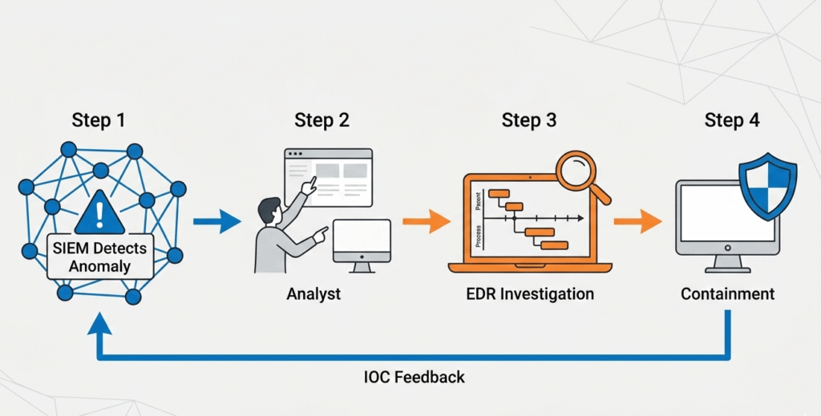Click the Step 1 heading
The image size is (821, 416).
point(99,121)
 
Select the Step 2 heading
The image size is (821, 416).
point(322,121)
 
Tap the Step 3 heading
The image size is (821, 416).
point(529,121)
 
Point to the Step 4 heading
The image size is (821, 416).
point(732,121)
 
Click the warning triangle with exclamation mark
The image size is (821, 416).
point(99,212)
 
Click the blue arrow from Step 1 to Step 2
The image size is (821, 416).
point(217,221)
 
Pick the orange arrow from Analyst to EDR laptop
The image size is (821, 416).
point(426,221)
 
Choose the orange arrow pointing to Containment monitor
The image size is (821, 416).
point(637,221)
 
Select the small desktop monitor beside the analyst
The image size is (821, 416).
point(362,244)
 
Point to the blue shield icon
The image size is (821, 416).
point(767,186)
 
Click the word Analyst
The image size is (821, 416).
point(313,294)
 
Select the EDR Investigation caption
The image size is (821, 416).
point(530,294)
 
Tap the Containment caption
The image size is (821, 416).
point(728,294)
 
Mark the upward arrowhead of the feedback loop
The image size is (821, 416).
point(99,324)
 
